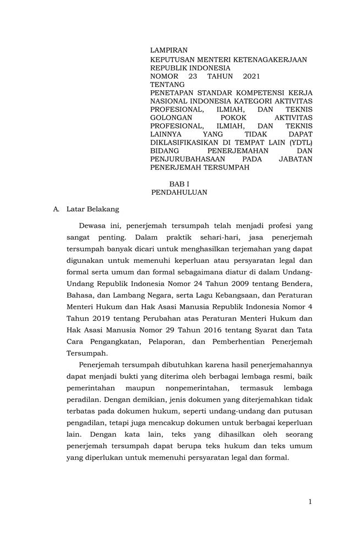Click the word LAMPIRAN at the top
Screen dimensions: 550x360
coord(169,51)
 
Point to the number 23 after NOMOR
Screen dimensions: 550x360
coord(193,76)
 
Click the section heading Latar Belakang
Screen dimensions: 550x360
coord(92,210)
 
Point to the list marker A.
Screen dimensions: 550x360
coord(56,210)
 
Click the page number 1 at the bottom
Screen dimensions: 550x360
coord(310,502)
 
